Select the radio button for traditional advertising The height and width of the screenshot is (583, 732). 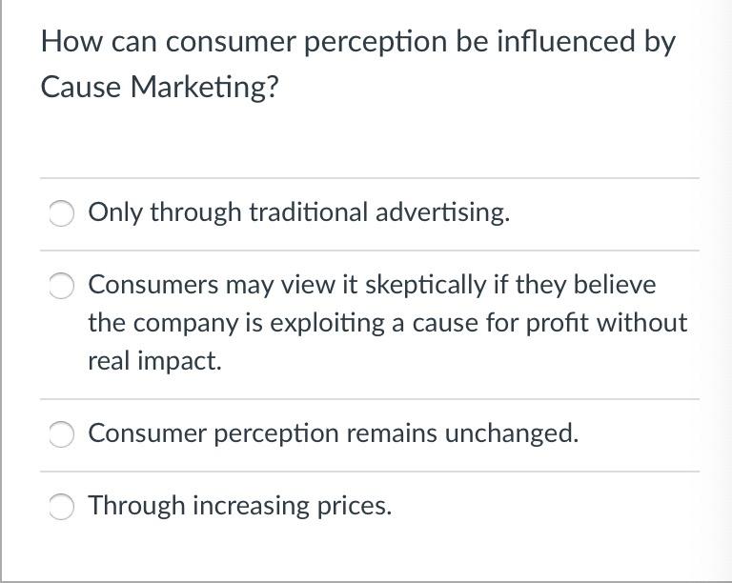pos(62,212)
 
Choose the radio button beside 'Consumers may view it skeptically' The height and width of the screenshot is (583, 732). pos(62,285)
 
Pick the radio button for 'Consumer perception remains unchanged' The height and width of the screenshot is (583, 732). pos(62,433)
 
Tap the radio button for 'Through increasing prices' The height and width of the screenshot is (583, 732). pos(62,506)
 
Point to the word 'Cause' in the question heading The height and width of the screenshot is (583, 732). pos(81,87)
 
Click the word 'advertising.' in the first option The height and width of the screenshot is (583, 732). pos(442,212)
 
